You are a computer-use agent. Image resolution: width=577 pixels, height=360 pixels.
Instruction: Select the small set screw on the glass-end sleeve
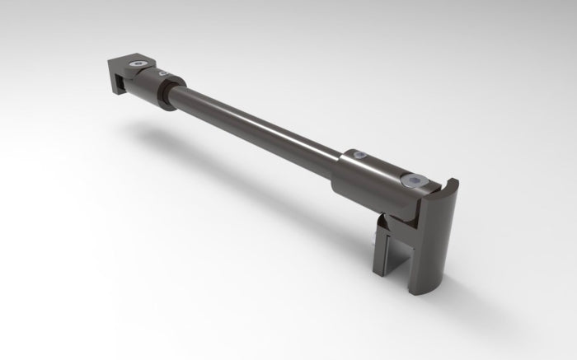(x=359, y=154)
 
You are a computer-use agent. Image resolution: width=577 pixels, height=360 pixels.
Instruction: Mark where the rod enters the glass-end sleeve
(x=339, y=161)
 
